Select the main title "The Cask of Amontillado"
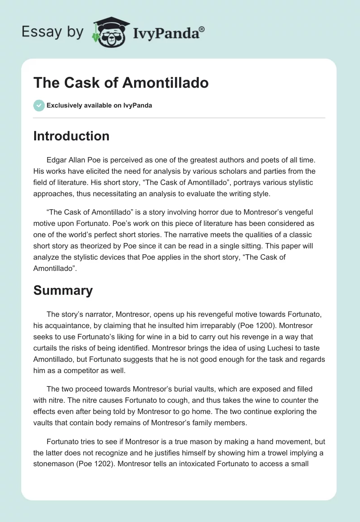coord(121,83)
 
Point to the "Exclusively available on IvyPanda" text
coord(99,105)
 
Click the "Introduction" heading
coord(71,136)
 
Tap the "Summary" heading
coord(63,290)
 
